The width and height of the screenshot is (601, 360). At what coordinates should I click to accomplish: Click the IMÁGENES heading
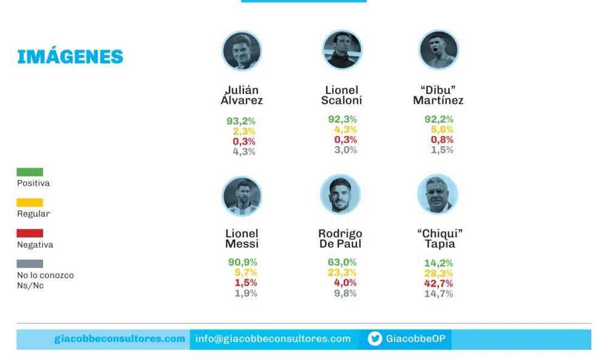coord(70,56)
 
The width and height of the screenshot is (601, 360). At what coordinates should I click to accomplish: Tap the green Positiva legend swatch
coord(30,172)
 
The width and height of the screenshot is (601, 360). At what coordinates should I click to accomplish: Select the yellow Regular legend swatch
coord(30,202)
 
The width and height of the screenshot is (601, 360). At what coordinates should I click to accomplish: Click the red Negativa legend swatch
coord(30,233)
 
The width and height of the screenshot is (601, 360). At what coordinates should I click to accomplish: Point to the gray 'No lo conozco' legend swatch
coord(30,263)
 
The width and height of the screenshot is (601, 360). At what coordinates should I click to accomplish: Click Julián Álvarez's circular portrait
coord(242,50)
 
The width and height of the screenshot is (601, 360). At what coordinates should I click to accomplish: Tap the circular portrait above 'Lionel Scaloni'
coord(342,49)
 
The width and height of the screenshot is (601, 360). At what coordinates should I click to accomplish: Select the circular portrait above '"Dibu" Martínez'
coord(438,49)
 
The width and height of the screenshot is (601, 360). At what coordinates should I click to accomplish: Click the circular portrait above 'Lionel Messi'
coord(242,196)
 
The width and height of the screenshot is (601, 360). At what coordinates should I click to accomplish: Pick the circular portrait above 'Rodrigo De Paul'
coord(340,194)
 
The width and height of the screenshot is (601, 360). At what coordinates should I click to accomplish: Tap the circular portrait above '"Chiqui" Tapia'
coord(437,194)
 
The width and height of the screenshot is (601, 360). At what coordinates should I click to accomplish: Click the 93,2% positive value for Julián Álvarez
coord(241,121)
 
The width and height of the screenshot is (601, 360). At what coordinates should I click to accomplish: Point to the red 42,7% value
coord(438,284)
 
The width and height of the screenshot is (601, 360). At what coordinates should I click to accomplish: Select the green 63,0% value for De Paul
coord(342,262)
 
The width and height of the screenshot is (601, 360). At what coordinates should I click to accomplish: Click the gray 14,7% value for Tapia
coord(438,294)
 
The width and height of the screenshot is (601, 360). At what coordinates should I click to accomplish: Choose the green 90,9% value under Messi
coord(243,262)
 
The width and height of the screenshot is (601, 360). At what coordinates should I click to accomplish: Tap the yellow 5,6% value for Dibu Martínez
coord(442,129)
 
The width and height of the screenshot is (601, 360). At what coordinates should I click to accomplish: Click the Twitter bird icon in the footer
coord(375,339)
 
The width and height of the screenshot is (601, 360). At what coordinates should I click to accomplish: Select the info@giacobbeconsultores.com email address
coord(273,339)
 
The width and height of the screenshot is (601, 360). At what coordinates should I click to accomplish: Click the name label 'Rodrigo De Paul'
coord(340,239)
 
